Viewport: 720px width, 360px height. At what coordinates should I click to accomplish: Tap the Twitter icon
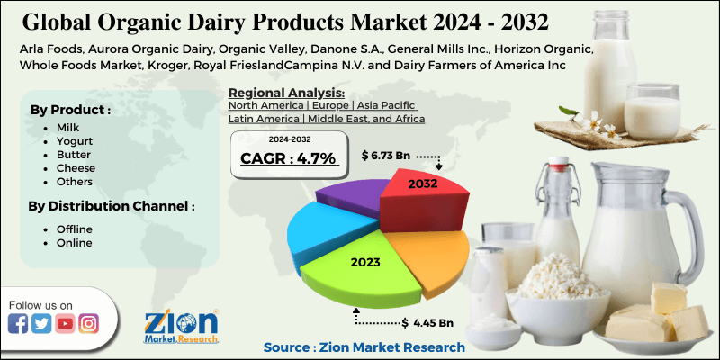coord(41,324)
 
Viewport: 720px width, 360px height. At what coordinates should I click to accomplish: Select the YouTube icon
coord(65,324)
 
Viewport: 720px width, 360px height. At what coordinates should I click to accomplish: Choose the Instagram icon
coord(88,324)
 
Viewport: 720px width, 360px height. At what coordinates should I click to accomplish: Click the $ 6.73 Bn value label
coord(388,156)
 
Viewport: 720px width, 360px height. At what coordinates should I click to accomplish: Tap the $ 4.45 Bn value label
coord(427,322)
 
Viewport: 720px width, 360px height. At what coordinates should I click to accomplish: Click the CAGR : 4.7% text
coord(287,158)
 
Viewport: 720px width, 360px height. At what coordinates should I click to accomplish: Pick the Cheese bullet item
coord(76,168)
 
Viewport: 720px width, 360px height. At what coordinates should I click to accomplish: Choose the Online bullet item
coord(75,243)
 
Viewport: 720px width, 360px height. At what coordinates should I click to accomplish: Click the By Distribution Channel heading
coord(112,207)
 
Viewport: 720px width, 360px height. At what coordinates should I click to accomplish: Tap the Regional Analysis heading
coord(287,92)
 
